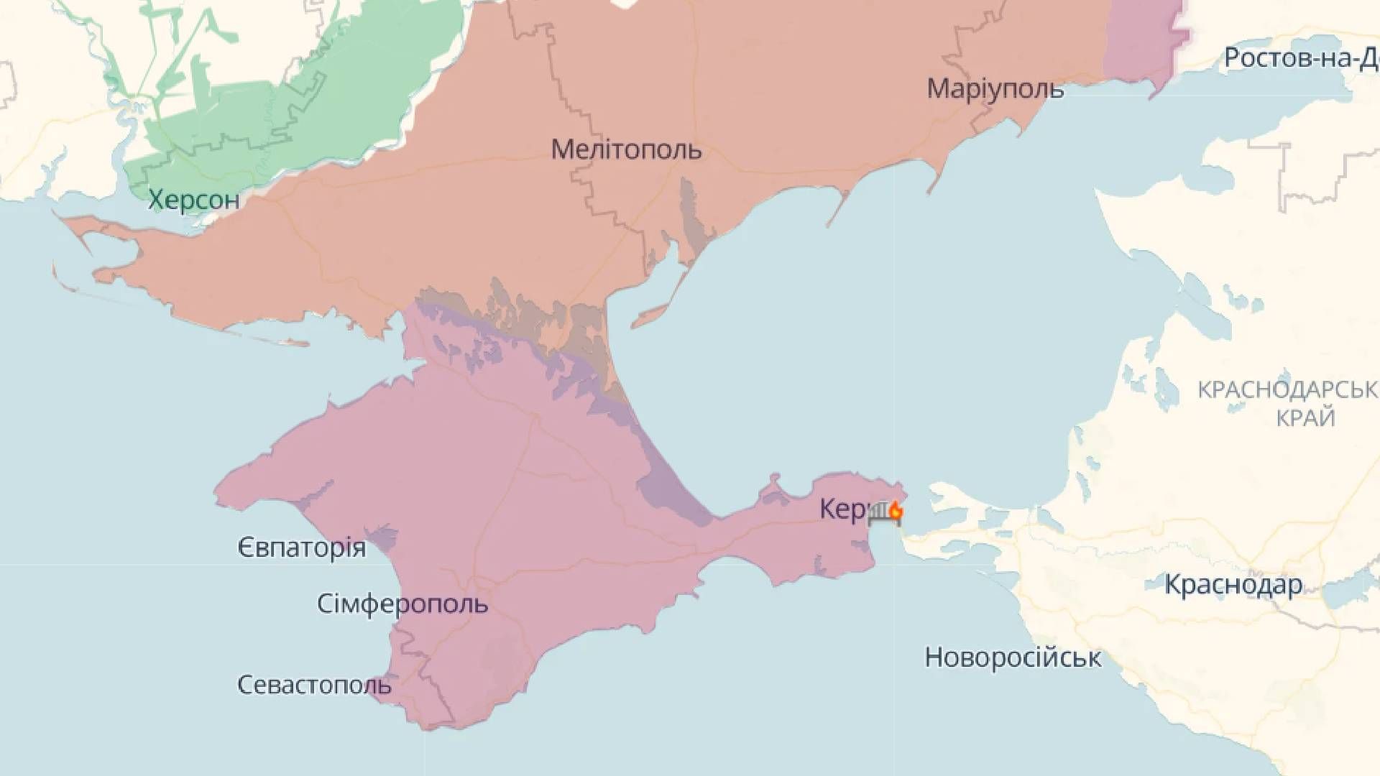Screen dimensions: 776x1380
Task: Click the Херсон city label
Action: (x=193, y=199)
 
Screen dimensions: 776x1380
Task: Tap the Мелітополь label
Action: (x=626, y=150)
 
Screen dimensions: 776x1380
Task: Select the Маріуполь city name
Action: (x=995, y=89)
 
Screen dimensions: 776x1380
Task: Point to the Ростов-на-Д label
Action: (x=1301, y=58)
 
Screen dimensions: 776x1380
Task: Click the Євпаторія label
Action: (x=302, y=548)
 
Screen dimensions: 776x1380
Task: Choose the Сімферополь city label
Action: (x=402, y=604)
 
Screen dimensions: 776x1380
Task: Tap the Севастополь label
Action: (x=314, y=685)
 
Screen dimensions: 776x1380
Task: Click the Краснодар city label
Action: (x=1233, y=585)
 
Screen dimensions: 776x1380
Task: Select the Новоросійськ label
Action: (x=1013, y=657)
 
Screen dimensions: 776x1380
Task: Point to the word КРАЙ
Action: (x=1306, y=417)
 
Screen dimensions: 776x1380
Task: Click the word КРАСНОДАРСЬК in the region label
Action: (x=1287, y=390)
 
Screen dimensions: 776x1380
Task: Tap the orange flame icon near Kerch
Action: (x=896, y=511)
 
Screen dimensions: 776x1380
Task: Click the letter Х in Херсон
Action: (x=156, y=199)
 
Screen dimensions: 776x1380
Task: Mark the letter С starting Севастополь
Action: (x=245, y=685)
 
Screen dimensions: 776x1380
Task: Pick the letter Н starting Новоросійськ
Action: (x=933, y=657)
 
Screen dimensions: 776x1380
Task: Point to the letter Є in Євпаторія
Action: (x=245, y=548)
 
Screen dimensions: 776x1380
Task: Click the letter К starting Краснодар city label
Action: (x=1173, y=585)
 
